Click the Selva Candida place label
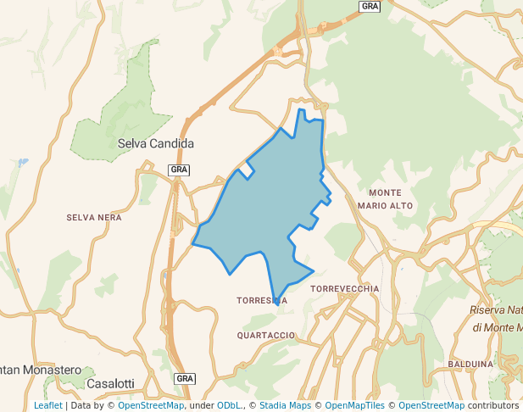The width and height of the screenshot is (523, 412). [x=156, y=143]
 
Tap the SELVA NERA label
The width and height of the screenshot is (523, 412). [x=94, y=218]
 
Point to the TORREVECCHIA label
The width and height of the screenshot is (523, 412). [x=345, y=289]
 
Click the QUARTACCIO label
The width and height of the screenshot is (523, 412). [x=266, y=336]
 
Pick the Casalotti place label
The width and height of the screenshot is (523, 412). [x=111, y=384]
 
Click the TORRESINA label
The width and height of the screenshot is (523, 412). [x=262, y=301]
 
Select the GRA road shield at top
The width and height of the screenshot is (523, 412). [x=370, y=6]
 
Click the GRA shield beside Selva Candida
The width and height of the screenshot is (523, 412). [x=179, y=170]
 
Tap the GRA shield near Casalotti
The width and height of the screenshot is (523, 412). [x=185, y=377]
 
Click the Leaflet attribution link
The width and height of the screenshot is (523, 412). [x=47, y=406]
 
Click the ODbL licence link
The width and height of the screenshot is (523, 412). [x=230, y=406]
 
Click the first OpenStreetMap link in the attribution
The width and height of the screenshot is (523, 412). [x=151, y=406]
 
